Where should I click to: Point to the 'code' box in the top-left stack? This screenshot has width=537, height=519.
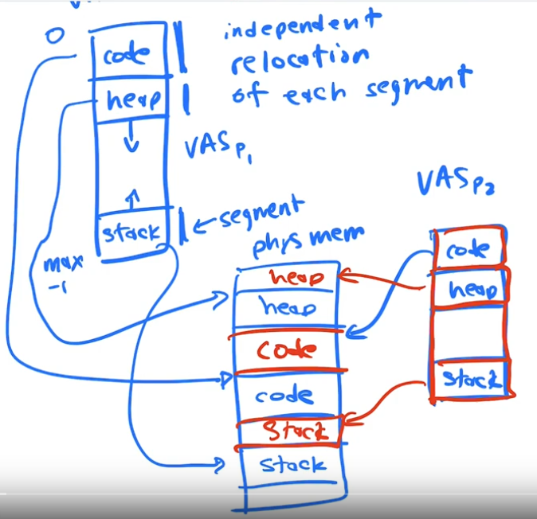coord(130,57)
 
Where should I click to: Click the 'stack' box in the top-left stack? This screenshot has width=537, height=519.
coord(131,232)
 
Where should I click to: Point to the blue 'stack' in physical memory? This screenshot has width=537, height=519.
coord(292,464)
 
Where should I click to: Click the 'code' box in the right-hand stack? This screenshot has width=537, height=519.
coord(468,250)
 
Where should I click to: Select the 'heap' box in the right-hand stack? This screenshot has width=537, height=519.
coord(471,290)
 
